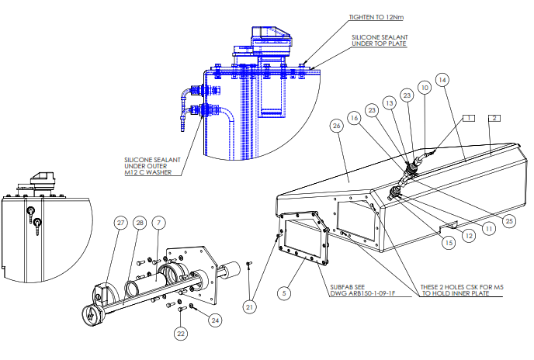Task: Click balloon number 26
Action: pos(337,126)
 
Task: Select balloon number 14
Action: pos(442,80)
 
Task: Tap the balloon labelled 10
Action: pos(425,88)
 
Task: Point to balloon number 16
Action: pos(354,118)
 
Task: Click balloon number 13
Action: pos(390,103)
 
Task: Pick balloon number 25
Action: pos(509,221)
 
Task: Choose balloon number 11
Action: pos(489,229)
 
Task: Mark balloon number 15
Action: pos(449,243)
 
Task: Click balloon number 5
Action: pos(284,293)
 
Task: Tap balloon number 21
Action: pos(250,307)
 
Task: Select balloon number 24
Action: pos(215,320)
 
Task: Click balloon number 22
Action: pos(181,334)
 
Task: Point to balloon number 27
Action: pos(120,223)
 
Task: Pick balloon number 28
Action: pos(140,223)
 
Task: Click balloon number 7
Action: pos(158,223)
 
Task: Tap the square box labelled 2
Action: pos(494,118)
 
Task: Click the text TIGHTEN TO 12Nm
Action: pos(376,17)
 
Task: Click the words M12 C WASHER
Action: pos(148,172)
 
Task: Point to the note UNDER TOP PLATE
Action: pos(379,43)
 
